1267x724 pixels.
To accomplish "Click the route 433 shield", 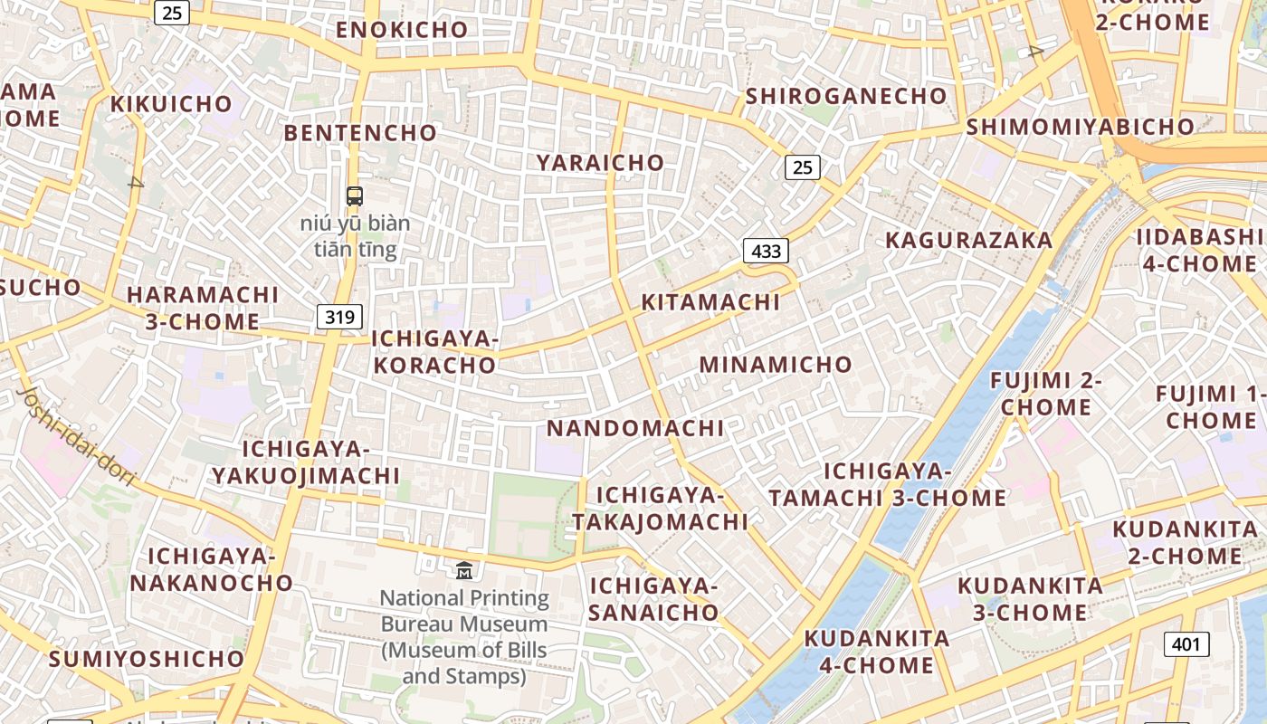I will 766,251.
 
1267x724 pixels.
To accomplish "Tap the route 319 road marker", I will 340,317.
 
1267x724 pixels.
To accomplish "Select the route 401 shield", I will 1186,644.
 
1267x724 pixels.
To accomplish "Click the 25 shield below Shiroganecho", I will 802,167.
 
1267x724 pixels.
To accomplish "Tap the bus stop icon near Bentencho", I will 355,195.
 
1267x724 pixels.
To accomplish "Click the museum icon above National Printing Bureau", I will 464,570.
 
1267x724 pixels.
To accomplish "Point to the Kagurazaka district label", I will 968,240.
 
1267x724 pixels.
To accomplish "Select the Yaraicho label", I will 600,163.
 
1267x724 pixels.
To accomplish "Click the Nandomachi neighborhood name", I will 635,428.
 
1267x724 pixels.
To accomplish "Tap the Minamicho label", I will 776,365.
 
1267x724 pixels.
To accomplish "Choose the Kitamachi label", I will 710,302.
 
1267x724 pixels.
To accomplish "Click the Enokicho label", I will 402,30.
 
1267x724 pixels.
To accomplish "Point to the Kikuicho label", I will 171,104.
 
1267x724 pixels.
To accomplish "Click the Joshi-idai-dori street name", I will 76,435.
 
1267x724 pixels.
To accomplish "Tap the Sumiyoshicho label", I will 147,659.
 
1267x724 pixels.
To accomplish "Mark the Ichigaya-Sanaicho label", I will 653,599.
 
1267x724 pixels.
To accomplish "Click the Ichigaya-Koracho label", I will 435,352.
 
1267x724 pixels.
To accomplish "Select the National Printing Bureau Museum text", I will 464,636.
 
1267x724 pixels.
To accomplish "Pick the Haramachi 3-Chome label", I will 203,308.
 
